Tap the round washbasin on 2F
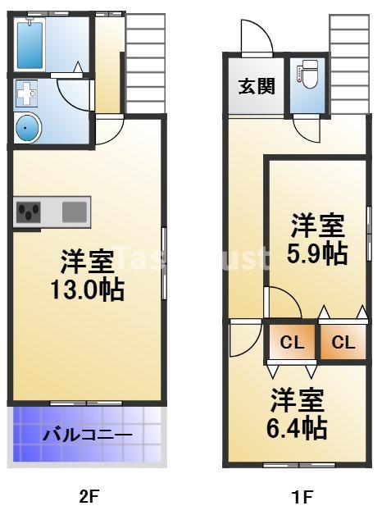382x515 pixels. tap(26, 128)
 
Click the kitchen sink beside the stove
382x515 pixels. tap(74, 212)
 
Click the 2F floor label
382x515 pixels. tap(89, 496)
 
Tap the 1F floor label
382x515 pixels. tap(302, 496)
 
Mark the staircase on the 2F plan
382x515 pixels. tap(146, 62)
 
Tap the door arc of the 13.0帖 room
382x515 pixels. tap(109, 130)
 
